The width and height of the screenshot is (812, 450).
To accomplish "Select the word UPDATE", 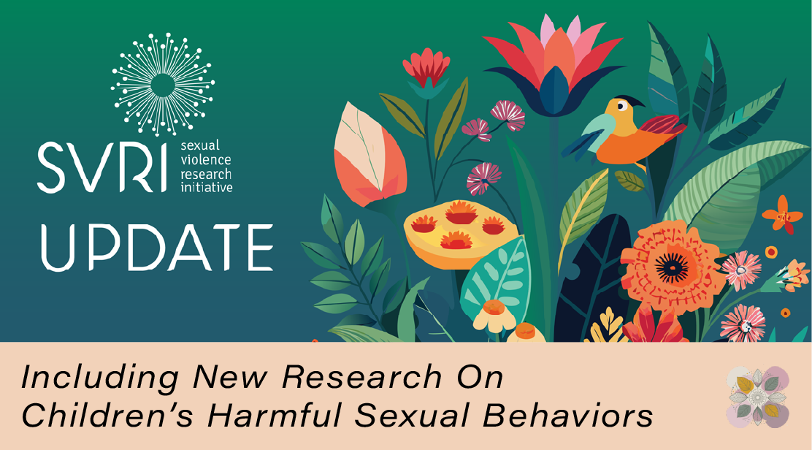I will click(156, 246).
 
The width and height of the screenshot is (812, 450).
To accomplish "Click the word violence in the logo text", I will click(205, 161).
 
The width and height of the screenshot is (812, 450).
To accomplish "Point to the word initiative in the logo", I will click(206, 187).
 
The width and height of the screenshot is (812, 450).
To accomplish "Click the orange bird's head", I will click(623, 112).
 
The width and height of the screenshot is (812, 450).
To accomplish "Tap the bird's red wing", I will click(661, 129).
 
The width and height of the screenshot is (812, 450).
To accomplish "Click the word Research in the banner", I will click(362, 378).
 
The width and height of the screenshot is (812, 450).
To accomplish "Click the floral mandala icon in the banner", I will click(758, 397).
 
